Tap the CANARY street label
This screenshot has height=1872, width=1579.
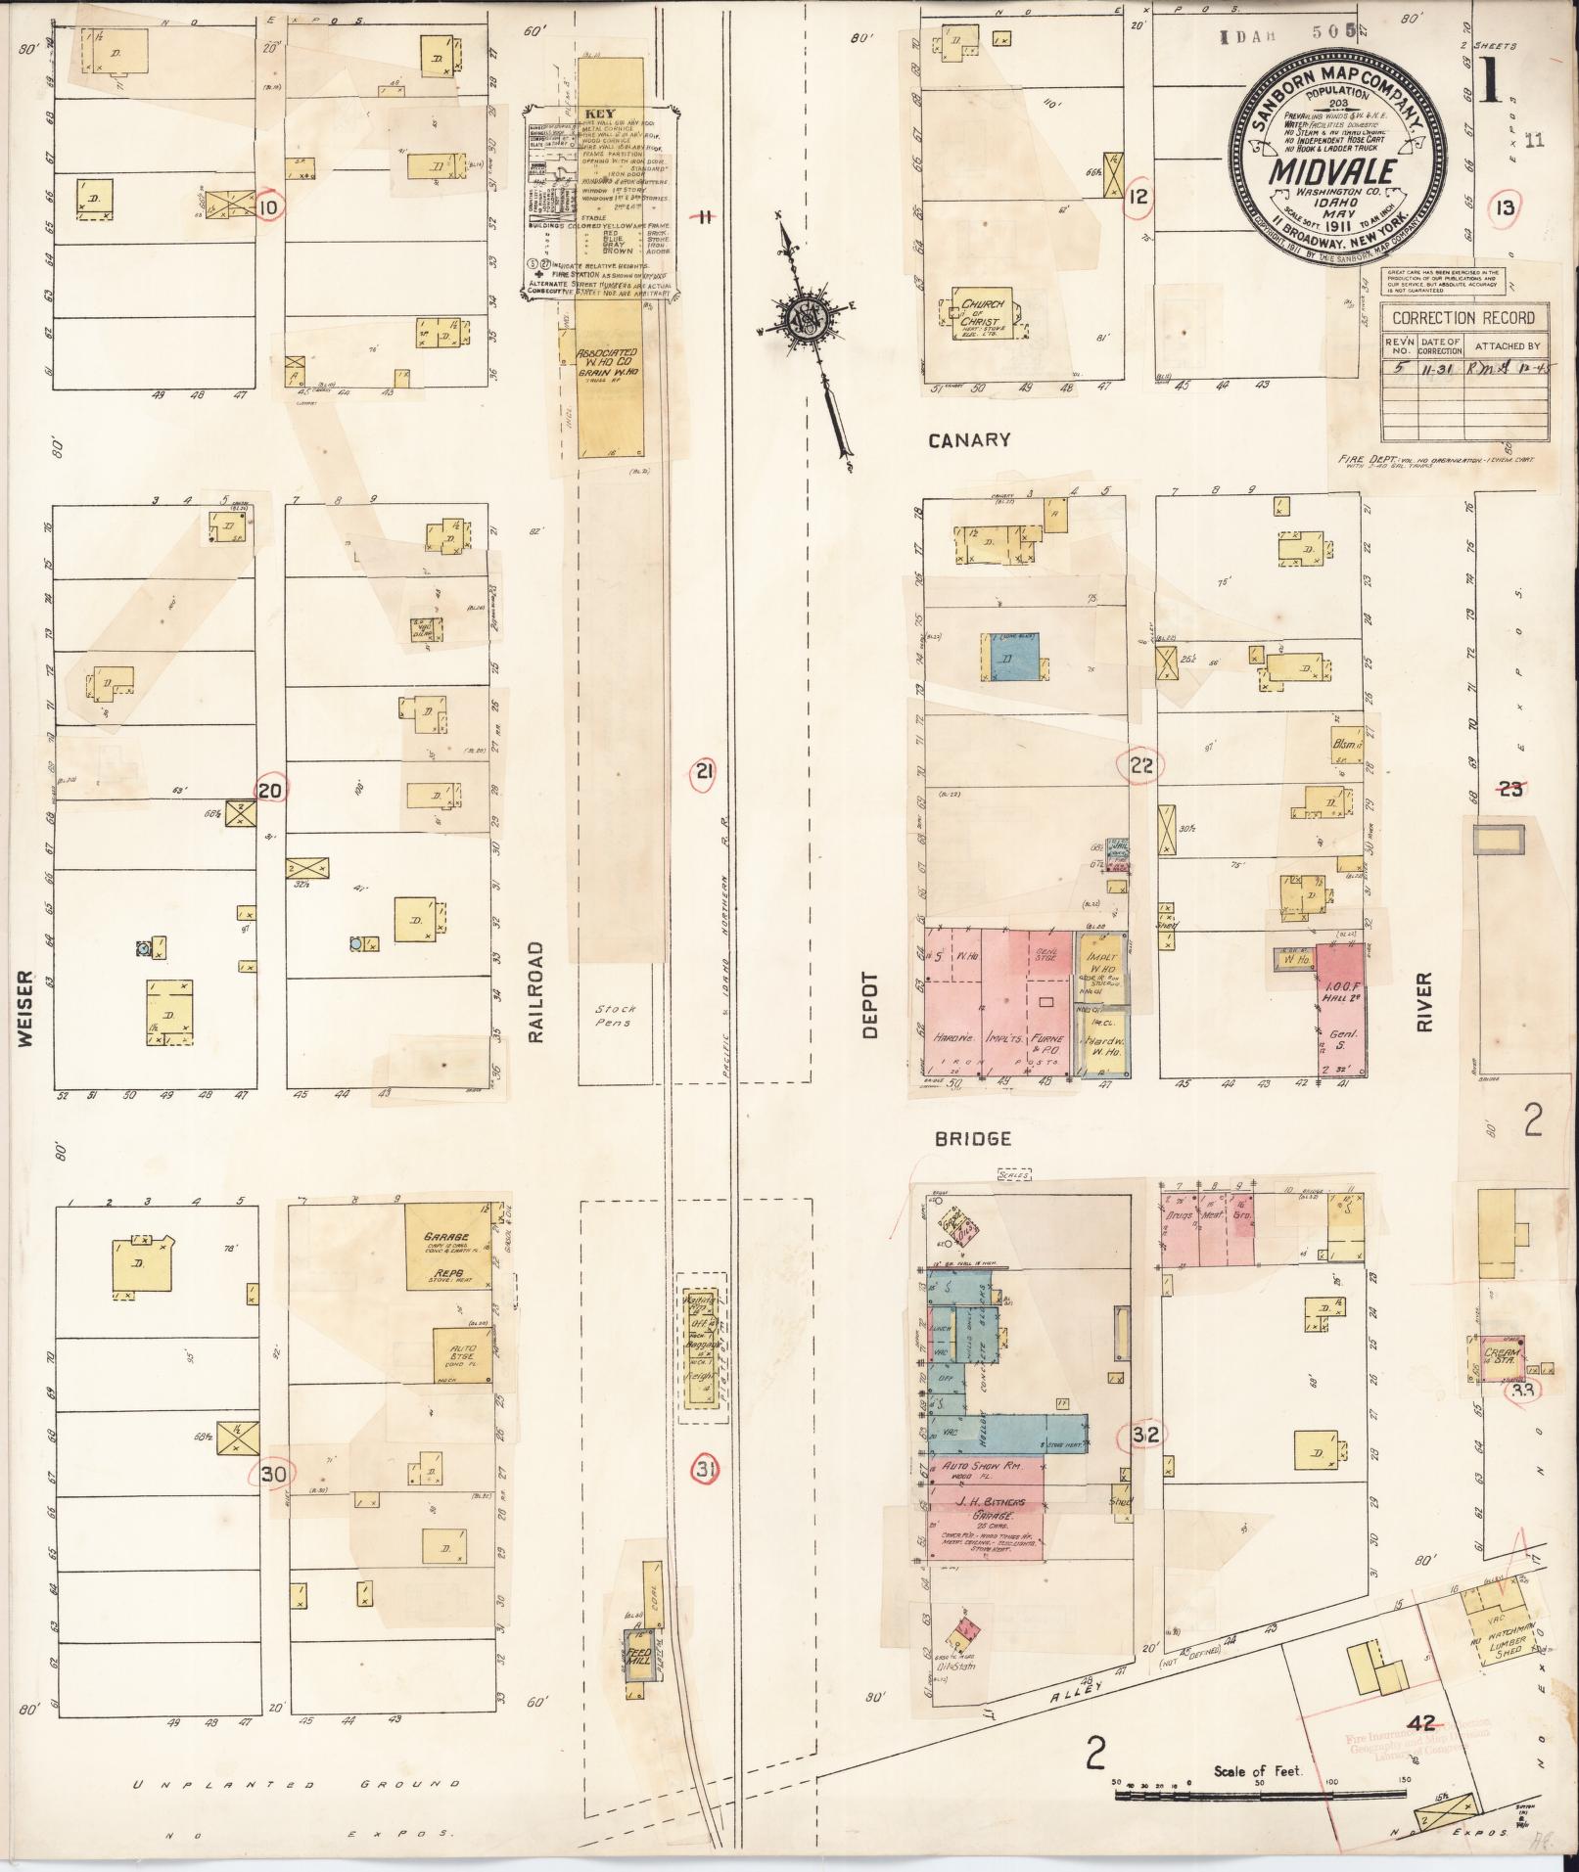(968, 440)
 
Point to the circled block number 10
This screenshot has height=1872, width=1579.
(269, 207)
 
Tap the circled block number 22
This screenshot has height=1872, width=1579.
(1141, 765)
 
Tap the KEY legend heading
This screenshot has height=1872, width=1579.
(599, 113)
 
